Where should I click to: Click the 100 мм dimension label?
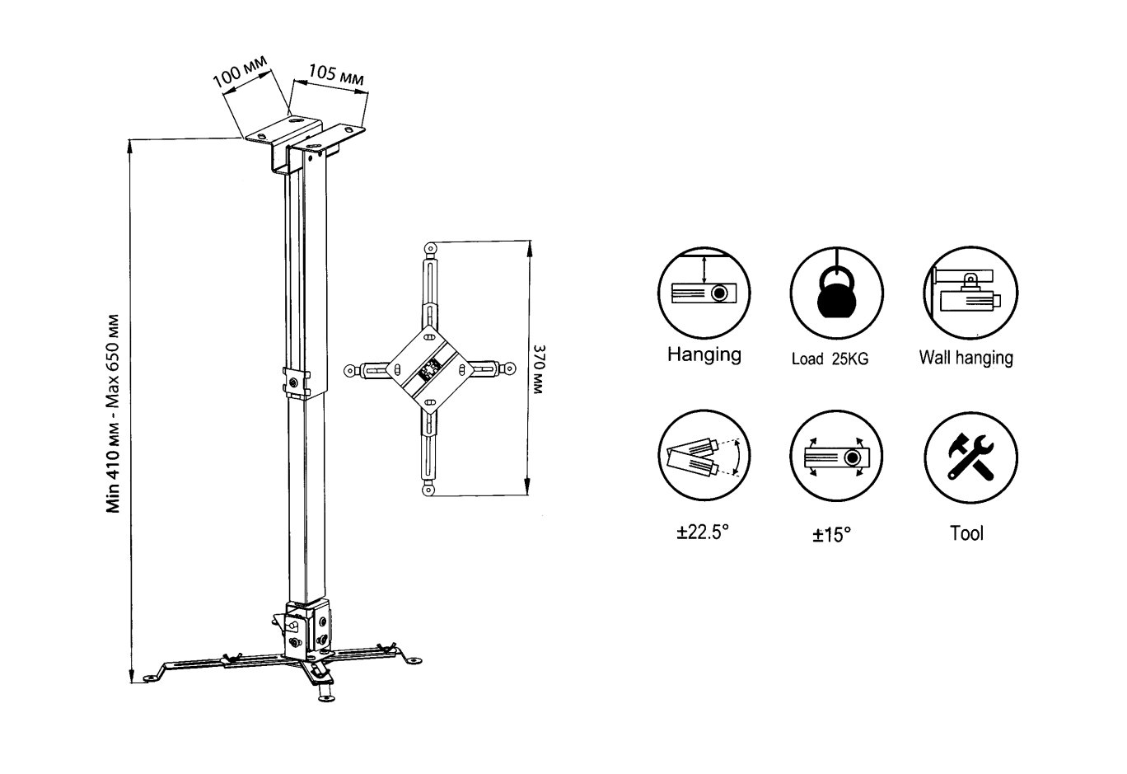(240, 71)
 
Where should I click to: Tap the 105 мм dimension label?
(336, 74)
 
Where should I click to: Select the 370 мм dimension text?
(539, 369)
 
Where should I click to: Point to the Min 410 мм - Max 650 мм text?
(113, 413)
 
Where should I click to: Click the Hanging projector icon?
(704, 293)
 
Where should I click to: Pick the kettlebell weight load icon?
(836, 293)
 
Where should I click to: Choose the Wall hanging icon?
(970, 293)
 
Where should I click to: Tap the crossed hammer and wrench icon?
(970, 457)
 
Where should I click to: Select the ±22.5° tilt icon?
(704, 456)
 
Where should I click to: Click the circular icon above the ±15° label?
(836, 456)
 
